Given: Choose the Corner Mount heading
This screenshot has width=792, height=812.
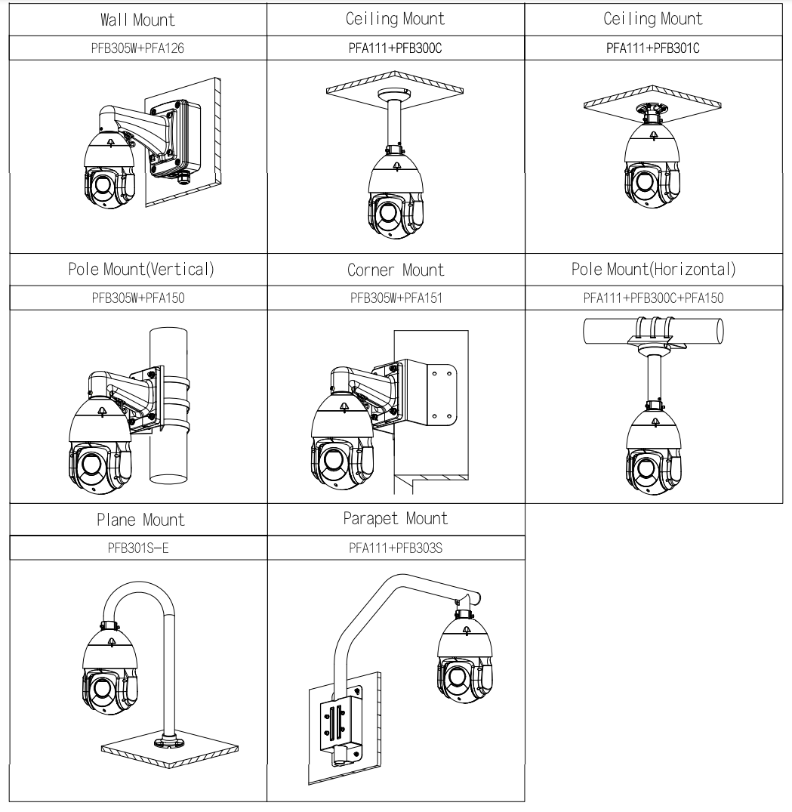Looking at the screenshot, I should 396,270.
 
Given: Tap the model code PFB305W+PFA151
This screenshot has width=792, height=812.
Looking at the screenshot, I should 396,298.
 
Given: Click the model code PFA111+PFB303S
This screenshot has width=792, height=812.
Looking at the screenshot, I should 396,548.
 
